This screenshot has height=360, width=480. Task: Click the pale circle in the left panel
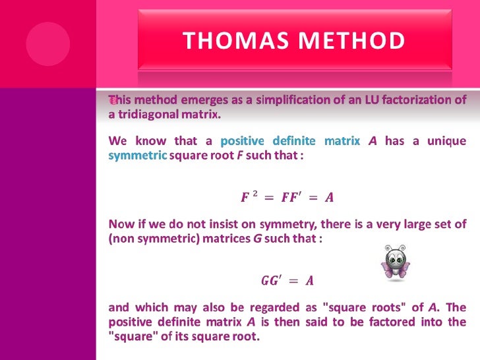point(48,44)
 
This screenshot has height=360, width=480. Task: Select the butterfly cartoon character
point(395,263)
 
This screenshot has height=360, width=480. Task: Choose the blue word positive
point(241,141)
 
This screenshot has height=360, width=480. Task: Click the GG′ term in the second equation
point(270,281)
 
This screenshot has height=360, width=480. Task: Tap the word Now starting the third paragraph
point(120,225)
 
